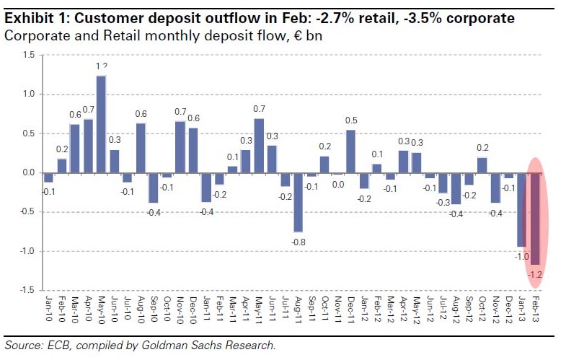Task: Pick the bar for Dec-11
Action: [350, 152]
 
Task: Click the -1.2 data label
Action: [535, 276]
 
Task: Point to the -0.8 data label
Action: [297, 242]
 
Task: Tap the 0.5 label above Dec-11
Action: [350, 120]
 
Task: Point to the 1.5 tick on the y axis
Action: [28, 55]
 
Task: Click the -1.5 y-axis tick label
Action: [27, 290]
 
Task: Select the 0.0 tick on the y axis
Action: [28, 172]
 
